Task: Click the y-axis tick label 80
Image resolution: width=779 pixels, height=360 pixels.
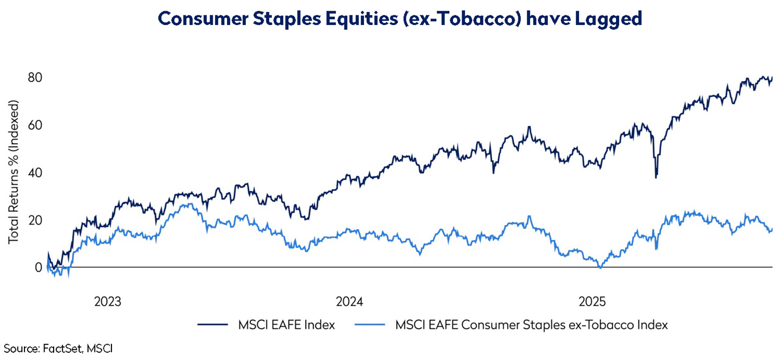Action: (x=35, y=78)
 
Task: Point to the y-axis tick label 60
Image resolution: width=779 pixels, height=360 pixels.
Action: (x=35, y=125)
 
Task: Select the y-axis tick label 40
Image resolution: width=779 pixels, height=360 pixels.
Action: (x=35, y=173)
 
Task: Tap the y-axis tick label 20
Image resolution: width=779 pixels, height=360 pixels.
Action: (x=35, y=220)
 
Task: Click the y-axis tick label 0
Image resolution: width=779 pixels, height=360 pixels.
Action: (x=38, y=267)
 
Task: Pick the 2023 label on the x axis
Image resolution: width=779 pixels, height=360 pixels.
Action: (x=107, y=302)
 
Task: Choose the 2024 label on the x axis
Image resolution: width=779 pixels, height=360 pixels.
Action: (x=350, y=302)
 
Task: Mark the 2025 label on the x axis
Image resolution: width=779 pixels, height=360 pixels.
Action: (x=592, y=302)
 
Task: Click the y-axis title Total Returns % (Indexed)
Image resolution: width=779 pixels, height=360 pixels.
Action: (x=14, y=172)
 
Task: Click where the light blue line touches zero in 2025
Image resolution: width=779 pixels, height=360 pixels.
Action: (x=601, y=267)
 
